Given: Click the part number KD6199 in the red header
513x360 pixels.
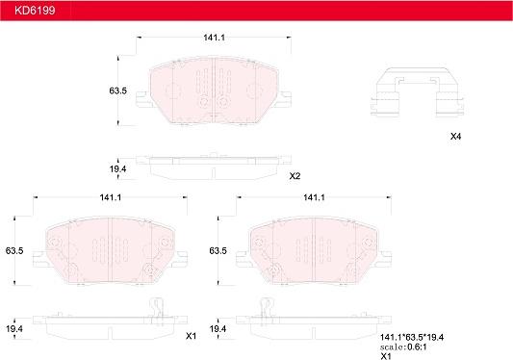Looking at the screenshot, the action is pos(35,11).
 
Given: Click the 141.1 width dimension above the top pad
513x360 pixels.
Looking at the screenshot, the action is pos(214,38).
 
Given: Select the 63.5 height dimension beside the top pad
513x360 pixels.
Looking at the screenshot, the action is pos(117,90).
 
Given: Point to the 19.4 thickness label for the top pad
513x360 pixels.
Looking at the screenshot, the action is pos(117,169).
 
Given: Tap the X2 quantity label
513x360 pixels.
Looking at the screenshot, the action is pos(295,176).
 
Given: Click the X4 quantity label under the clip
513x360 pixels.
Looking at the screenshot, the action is pos(455,137).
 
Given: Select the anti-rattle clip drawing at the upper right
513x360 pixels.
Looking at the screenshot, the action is pos(417,91).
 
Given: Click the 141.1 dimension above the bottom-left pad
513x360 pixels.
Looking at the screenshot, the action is pos(111,197).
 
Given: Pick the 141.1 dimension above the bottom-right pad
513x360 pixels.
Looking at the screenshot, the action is pos(314,197).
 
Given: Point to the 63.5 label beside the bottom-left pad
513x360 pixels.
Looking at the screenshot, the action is pos(14,251).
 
